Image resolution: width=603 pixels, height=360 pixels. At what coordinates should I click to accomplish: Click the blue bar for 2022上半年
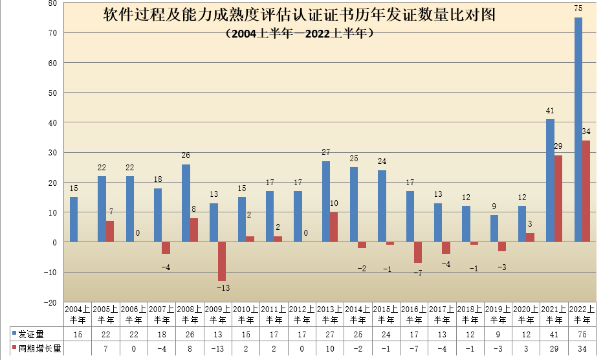pyautogui.click(x=578, y=129)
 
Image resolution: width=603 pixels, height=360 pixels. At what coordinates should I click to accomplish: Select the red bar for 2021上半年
pyautogui.click(x=558, y=198)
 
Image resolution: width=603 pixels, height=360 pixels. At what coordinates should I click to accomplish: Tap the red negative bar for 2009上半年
pyautogui.click(x=222, y=261)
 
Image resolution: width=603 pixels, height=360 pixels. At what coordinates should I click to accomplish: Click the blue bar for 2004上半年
pyautogui.click(x=74, y=219)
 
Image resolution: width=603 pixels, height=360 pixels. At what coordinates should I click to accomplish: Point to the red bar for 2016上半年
pyautogui.click(x=418, y=252)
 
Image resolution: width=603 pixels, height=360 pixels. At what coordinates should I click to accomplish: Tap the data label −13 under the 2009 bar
pyautogui.click(x=222, y=287)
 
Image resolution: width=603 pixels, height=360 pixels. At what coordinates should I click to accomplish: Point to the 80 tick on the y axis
pyautogui.click(x=52, y=3)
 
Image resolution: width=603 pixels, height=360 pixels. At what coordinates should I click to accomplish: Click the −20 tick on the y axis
pyautogui.click(x=50, y=302)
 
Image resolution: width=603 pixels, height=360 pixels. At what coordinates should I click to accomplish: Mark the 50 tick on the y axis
pyautogui.click(x=52, y=93)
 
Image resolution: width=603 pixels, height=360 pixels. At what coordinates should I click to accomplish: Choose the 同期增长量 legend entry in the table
pyautogui.click(x=36, y=348)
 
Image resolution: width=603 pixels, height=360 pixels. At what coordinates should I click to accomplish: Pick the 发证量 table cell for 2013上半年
pyautogui.click(x=330, y=334)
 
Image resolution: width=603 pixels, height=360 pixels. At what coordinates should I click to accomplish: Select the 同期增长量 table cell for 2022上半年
pyautogui.click(x=582, y=348)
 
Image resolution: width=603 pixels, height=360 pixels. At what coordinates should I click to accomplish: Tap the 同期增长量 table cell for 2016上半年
pyautogui.click(x=414, y=348)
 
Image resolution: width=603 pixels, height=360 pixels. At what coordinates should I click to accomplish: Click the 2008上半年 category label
pyautogui.click(x=190, y=314)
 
